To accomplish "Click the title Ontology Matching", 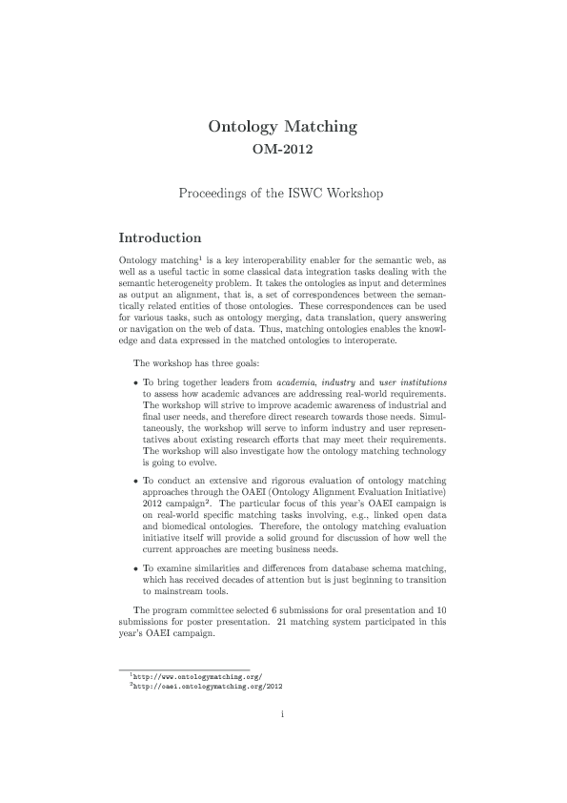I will pos(283,126).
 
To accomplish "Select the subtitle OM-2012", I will pos(282,149).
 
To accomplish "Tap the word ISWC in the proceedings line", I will pos(311,194).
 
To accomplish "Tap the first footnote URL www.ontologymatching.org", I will pos(197,676).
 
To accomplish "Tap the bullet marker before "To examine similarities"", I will pos(135,568).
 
